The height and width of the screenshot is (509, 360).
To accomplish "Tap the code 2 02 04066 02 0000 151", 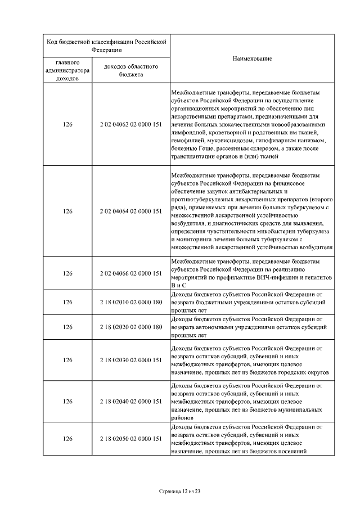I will pyautogui.click(x=130, y=273).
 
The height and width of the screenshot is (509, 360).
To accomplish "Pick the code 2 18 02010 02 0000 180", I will pyautogui.click(x=130, y=302).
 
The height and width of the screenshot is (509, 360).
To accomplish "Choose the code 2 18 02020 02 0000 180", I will pyautogui.click(x=130, y=327).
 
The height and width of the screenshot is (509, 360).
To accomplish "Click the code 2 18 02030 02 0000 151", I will pyautogui.click(x=130, y=360).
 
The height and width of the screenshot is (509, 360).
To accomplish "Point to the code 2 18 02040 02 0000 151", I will pyautogui.click(x=130, y=402).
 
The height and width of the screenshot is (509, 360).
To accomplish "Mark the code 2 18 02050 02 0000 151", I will pyautogui.click(x=130, y=439).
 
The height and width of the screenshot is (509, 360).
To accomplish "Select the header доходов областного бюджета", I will pyautogui.click(x=130, y=70).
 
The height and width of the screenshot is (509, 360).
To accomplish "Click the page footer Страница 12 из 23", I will pyautogui.click(x=180, y=491).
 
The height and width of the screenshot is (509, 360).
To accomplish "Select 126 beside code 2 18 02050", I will pyautogui.click(x=68, y=439).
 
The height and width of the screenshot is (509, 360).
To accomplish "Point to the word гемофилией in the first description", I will pyautogui.click(x=187, y=139).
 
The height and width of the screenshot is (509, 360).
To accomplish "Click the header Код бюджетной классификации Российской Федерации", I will pyautogui.click(x=106, y=46).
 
